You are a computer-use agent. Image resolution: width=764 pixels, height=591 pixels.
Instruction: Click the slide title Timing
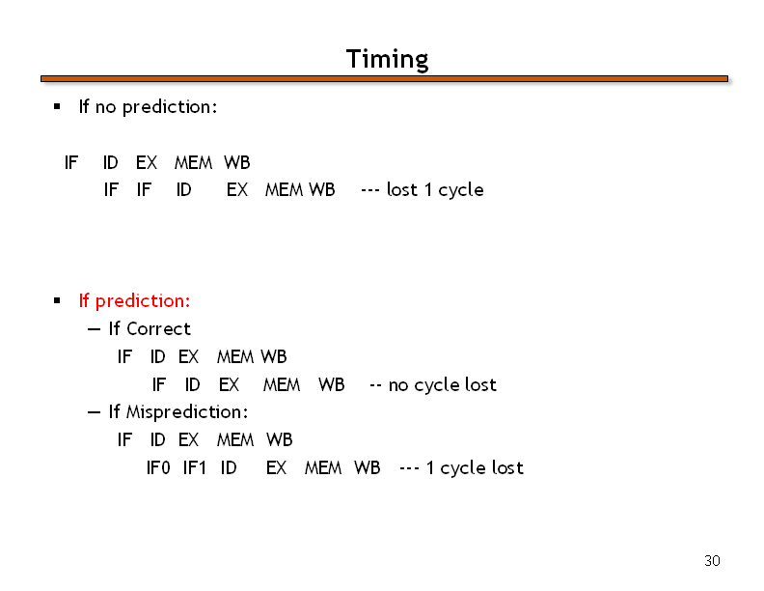(x=388, y=60)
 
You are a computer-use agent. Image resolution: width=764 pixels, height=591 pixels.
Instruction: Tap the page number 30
(x=712, y=561)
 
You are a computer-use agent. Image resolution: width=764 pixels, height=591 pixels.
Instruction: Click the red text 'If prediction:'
(x=134, y=301)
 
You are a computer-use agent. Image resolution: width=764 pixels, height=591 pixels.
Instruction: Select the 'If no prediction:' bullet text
(x=148, y=107)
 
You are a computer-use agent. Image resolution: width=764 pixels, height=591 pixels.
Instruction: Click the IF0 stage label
(x=158, y=468)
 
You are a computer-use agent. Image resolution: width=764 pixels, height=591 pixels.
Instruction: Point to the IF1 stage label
(x=195, y=468)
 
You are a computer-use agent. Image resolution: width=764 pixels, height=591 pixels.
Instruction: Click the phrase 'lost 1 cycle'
(x=435, y=189)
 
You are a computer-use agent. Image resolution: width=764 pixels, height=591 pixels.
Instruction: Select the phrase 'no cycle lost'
(x=443, y=385)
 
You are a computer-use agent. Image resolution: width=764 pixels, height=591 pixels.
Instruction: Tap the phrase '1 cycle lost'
(x=475, y=468)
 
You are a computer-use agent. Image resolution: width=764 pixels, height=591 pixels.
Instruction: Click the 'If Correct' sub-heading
(x=150, y=329)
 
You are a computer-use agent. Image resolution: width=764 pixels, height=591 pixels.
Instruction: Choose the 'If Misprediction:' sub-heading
(x=178, y=412)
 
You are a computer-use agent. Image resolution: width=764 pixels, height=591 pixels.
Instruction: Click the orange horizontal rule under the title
(x=385, y=79)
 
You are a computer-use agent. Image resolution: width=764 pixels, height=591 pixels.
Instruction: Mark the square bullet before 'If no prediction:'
(x=57, y=106)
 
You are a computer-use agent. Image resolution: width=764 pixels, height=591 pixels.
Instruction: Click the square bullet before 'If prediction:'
(x=57, y=300)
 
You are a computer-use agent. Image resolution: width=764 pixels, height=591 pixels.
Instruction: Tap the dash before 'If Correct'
(x=94, y=330)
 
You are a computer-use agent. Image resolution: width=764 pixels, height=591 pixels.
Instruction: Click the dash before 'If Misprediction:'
(x=94, y=413)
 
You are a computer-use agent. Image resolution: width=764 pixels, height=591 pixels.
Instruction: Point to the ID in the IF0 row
(x=229, y=468)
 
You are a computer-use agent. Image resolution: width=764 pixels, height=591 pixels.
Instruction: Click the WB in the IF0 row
(x=367, y=468)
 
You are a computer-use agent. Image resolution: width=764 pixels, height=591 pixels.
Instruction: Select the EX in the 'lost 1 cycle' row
(x=237, y=189)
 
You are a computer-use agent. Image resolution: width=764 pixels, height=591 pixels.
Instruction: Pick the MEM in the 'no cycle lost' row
(x=282, y=385)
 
